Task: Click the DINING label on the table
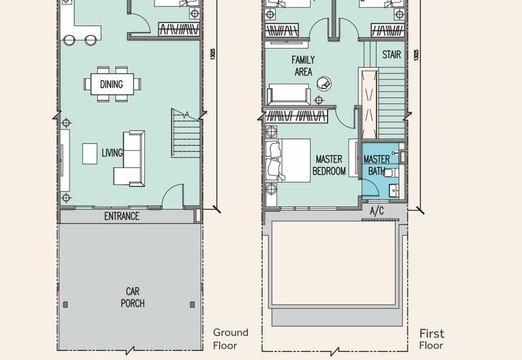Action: [x=112, y=84]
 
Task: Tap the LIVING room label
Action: [x=112, y=153]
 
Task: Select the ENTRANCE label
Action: [x=122, y=217]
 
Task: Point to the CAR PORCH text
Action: [x=132, y=297]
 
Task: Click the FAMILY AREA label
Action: [x=303, y=66]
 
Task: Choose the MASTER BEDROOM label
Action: [x=329, y=165]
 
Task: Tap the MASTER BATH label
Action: [x=376, y=165]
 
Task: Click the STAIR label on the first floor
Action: [x=391, y=55]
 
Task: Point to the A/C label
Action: [x=377, y=211]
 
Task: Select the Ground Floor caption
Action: [x=230, y=339]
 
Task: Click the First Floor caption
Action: [x=431, y=339]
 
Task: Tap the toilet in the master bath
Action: [x=392, y=173]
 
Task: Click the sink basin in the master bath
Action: [x=395, y=191]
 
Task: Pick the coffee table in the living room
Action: [x=90, y=153]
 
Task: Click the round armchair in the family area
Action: [x=324, y=83]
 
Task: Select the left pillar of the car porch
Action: [x=65, y=305]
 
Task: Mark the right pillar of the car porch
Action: [x=192, y=305]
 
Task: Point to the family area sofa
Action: [x=288, y=95]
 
